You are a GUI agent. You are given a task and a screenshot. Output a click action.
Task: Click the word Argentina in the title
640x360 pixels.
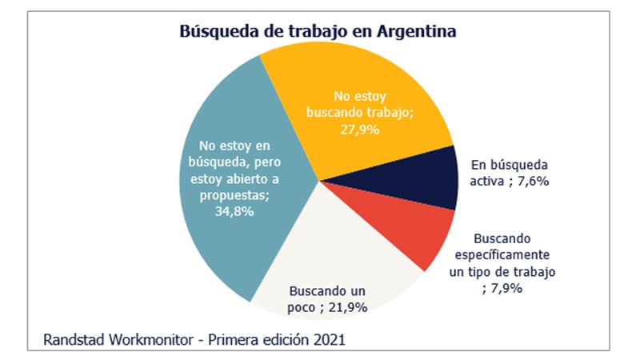[x=414, y=33]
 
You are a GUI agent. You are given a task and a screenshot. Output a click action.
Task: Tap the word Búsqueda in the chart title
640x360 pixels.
[x=213, y=33]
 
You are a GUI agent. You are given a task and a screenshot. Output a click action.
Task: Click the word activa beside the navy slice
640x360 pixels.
[x=488, y=181]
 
